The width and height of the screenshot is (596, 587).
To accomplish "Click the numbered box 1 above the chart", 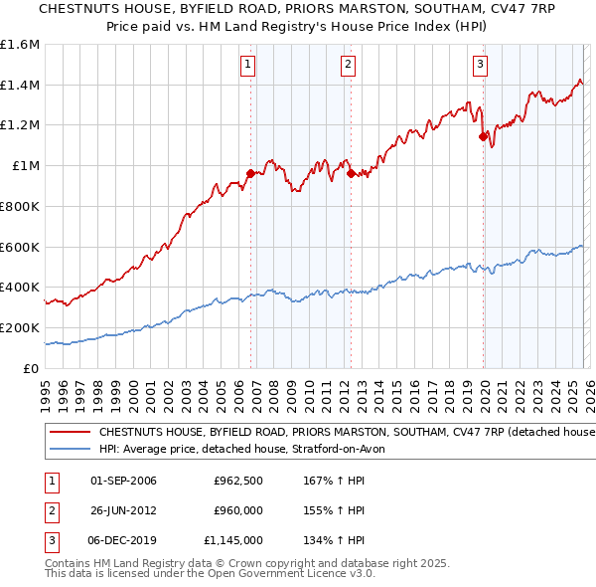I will coord(247,66).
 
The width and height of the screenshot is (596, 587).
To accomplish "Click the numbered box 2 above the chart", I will coord(349,66).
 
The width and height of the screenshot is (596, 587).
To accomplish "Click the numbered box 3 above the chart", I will coord(480,66).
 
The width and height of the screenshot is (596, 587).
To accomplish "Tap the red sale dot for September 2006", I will coord(250,173).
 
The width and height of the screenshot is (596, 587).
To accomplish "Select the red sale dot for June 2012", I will coord(352,174).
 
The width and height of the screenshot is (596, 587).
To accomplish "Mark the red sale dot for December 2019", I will coord(483,136).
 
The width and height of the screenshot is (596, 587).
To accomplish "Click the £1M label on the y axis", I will coord(25,166).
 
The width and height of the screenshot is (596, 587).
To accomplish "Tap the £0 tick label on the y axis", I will coord(32,368).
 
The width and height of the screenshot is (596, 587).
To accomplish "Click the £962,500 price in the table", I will coord(237,481).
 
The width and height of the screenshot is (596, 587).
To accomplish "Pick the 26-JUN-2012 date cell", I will coord(123,510).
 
